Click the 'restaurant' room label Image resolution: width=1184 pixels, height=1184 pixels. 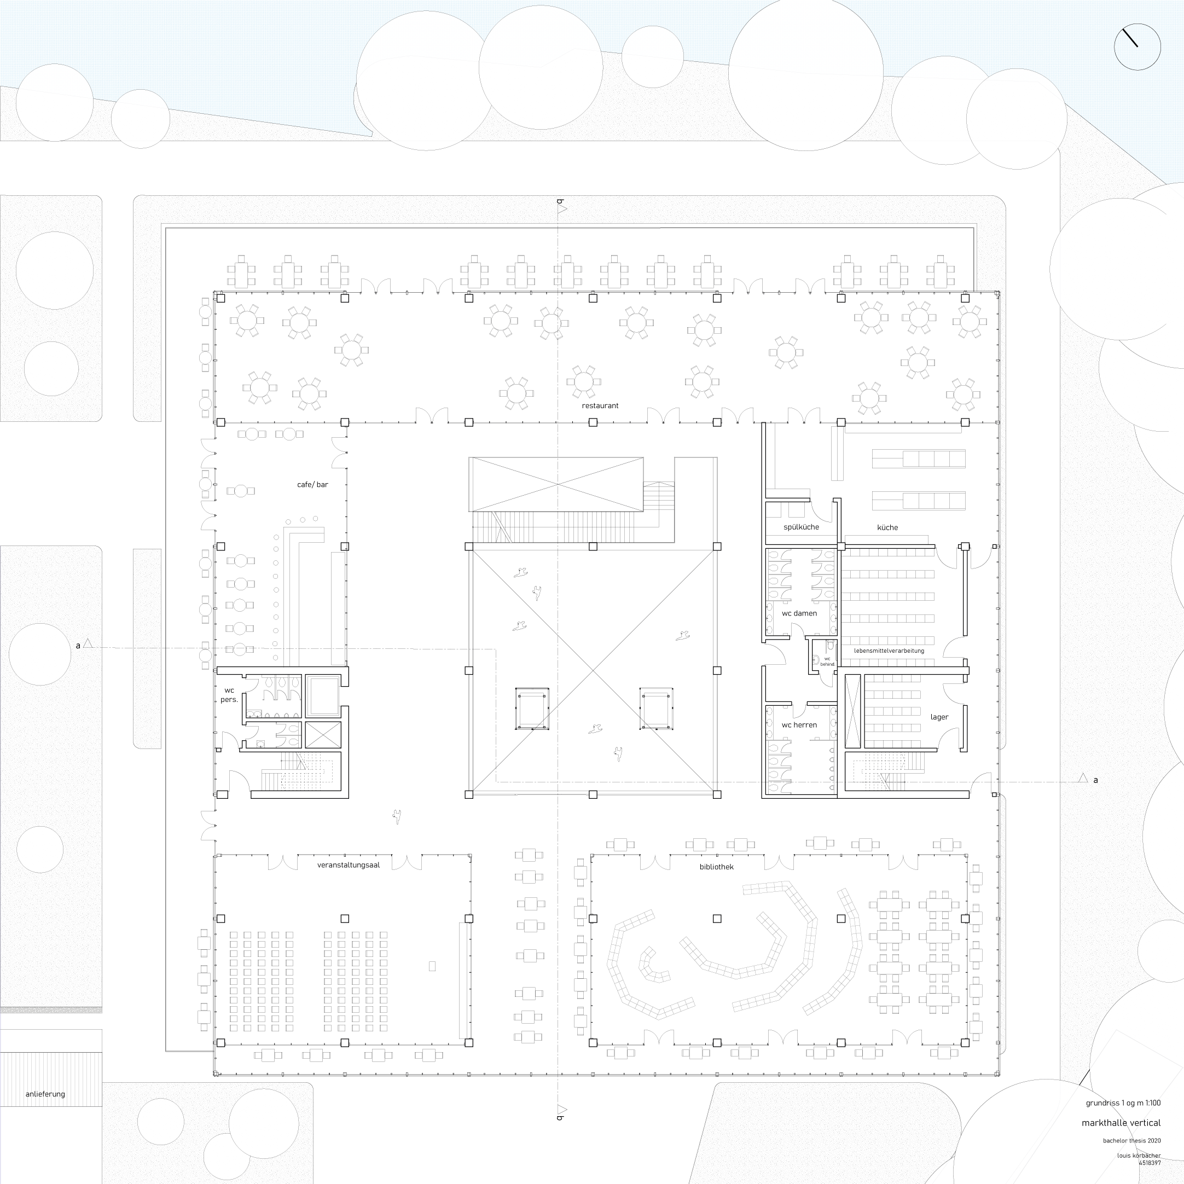coord(600,405)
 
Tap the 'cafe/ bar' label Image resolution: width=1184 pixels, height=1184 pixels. coord(312,485)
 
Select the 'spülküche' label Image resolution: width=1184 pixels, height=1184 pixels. coord(801,527)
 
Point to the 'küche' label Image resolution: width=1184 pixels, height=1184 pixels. coord(887,527)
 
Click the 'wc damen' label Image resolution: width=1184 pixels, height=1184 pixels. coord(799,613)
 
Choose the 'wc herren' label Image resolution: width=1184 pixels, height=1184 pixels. coord(799,725)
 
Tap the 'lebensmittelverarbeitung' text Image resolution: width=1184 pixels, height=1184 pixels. coord(889,651)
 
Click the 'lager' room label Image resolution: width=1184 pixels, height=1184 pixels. coord(939,717)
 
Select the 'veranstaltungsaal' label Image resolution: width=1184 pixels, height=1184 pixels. coord(348,866)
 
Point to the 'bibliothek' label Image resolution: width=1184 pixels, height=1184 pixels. coord(716,867)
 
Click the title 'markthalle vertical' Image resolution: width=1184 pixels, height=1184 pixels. coord(1121,1123)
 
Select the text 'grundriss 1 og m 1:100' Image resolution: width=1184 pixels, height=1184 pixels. coord(1123,1103)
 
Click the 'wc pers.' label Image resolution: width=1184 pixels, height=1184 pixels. coord(229,695)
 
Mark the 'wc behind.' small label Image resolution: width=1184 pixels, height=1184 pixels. coord(827,662)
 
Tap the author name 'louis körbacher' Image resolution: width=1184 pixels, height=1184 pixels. coord(1139,1156)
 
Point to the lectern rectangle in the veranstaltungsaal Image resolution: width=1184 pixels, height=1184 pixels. coord(432,966)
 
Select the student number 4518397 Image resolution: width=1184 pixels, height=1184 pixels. coord(1150,1163)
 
